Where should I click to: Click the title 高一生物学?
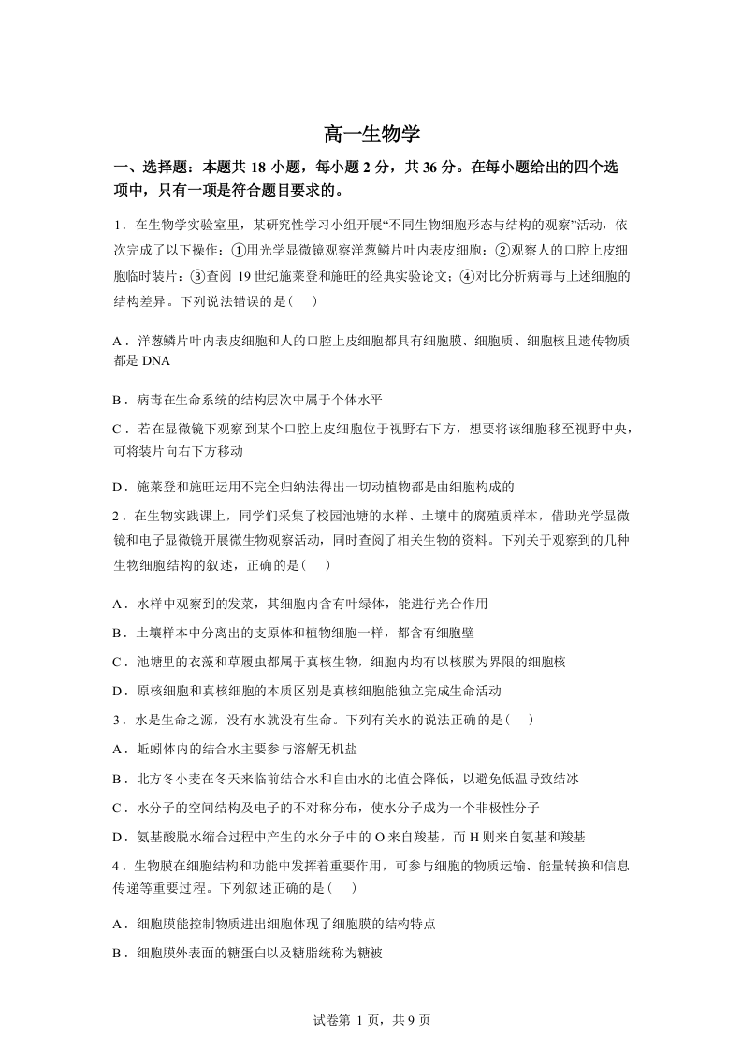(371, 134)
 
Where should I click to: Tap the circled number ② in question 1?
(501, 251)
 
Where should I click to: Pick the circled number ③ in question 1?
(196, 276)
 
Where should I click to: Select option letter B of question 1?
(118, 400)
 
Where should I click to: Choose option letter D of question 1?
(118, 487)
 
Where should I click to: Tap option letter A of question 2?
(118, 604)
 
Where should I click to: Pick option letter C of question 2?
(118, 662)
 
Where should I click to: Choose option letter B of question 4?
(118, 953)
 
